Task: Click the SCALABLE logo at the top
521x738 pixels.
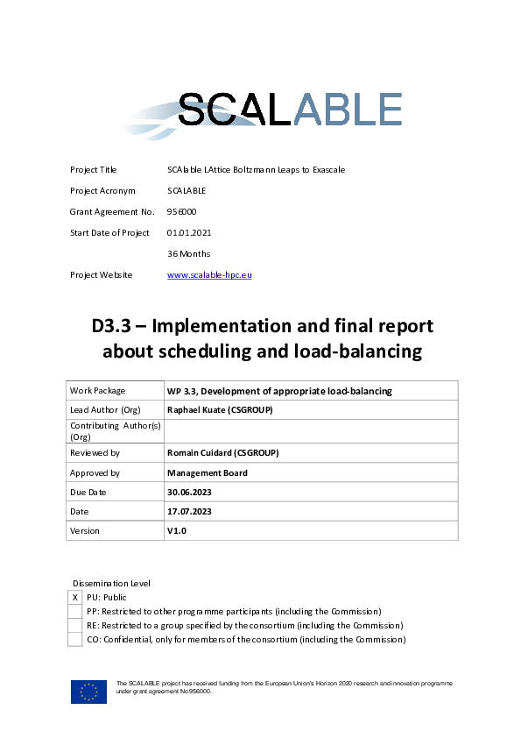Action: [264, 114]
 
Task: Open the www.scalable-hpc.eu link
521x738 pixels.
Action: [209, 274]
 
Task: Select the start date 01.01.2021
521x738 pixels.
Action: [189, 232]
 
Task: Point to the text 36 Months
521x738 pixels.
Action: [188, 253]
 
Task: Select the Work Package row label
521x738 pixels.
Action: [97, 390]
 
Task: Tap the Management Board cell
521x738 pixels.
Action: [207, 472]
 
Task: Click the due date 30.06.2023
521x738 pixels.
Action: [189, 492]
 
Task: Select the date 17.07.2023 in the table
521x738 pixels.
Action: [189, 511]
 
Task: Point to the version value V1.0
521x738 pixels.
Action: [177, 530]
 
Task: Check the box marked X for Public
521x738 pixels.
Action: [75, 598]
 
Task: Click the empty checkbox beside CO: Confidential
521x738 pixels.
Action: [75, 640]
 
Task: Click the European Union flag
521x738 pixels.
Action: [88, 692]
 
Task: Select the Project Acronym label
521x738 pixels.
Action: [101, 190]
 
